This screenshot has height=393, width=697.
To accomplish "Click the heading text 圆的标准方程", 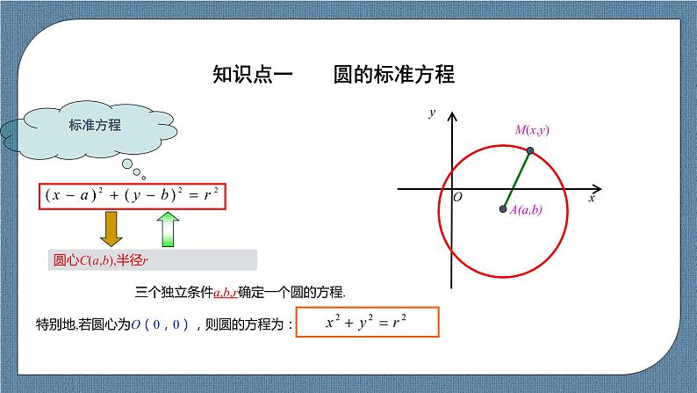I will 394,74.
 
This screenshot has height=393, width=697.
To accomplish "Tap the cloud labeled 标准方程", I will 95,126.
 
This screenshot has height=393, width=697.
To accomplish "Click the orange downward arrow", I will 111,228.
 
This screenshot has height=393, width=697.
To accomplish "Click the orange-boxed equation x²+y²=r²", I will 368,323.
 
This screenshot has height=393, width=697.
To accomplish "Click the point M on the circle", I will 530,151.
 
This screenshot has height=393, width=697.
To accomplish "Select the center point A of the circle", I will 503,209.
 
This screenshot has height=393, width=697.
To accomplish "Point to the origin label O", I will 457,198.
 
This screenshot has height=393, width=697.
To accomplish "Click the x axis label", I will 592,200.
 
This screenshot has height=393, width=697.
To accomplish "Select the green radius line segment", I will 517,180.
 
